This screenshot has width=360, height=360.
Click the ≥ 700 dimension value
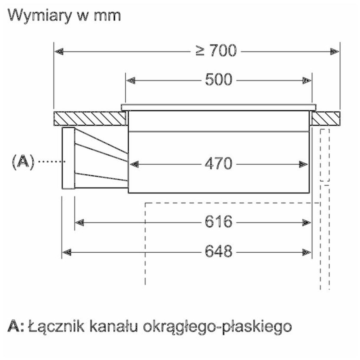216,51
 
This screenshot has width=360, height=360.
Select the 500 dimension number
219,80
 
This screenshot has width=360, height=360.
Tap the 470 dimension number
219,164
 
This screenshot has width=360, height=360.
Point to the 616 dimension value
219,222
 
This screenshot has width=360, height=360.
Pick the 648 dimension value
219,251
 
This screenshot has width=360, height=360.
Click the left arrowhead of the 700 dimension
59,52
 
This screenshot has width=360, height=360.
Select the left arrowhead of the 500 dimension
130,80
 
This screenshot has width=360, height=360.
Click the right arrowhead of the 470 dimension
304,164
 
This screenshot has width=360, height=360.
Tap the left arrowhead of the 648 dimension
67,252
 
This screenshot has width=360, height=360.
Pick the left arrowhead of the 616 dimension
79,222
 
